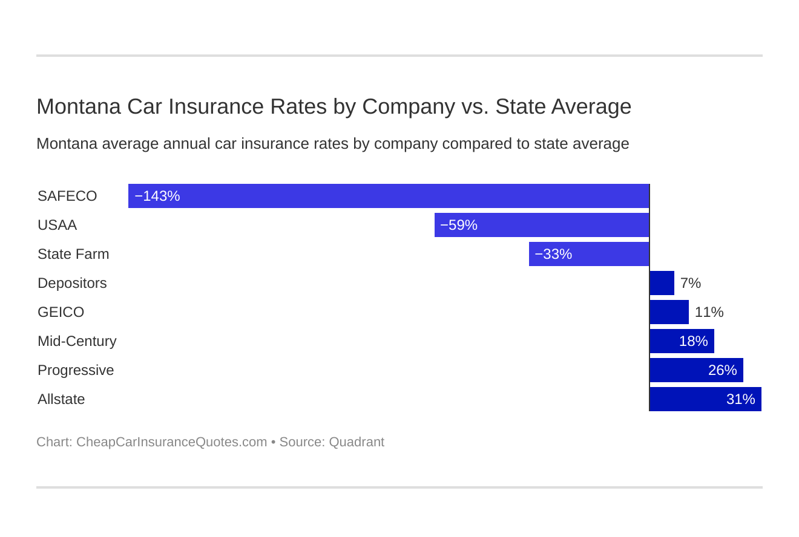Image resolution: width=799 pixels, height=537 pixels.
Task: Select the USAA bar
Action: point(542,225)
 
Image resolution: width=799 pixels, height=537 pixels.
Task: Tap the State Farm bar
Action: point(589,254)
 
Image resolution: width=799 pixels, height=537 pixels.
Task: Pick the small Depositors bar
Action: point(662,283)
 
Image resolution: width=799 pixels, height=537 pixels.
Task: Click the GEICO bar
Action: point(669,312)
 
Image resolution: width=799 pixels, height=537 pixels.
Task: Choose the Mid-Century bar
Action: point(682,341)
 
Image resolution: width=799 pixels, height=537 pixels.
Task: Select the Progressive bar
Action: point(696,370)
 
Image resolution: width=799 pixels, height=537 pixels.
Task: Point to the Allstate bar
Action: point(705,399)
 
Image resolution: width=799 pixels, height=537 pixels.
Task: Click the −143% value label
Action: point(157,196)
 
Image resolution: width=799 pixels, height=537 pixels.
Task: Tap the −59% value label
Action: point(459,225)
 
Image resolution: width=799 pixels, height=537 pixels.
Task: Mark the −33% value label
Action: point(553,254)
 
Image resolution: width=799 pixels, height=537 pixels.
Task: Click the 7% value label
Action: point(691,283)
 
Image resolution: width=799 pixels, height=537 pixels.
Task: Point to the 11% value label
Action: point(709,312)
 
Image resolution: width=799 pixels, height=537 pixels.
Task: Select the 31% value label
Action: point(740,399)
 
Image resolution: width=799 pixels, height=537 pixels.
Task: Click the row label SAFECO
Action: point(67,196)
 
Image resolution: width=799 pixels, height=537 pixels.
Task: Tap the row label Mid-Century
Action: point(77,341)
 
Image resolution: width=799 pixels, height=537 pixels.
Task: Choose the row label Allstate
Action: point(61,399)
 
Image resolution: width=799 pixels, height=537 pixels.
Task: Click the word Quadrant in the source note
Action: point(357,442)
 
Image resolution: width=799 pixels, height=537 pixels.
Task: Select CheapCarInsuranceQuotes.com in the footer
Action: point(171,442)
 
